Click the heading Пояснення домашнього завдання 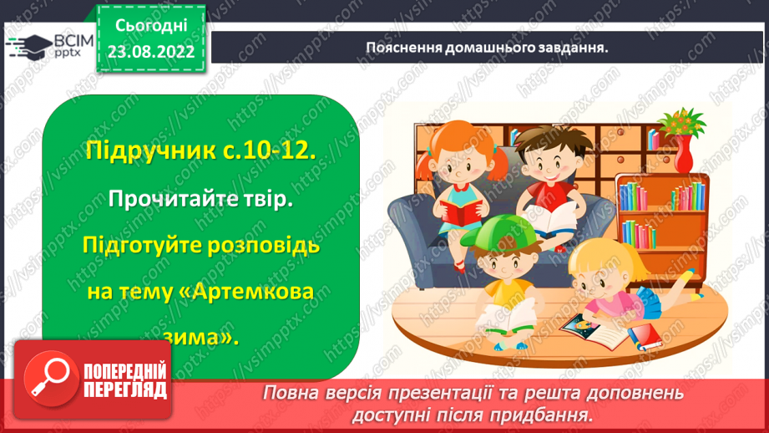pyautogui.click(x=487, y=47)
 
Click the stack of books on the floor pyautogui.click(x=642, y=337)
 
